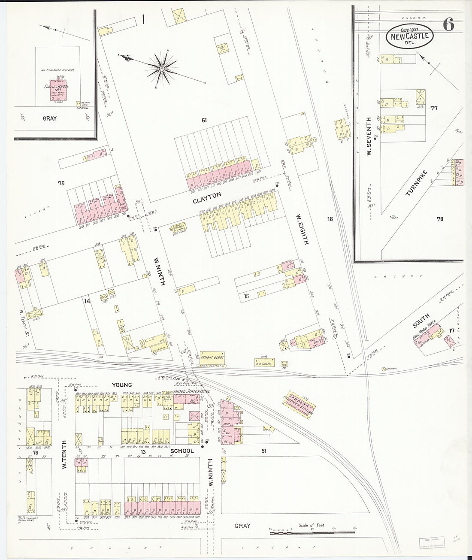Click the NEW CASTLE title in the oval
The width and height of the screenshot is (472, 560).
coord(409,36)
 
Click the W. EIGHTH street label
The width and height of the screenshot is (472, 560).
coord(301,229)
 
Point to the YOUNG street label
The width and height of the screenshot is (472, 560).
coord(122,385)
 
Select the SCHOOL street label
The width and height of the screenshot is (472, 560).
coord(183,451)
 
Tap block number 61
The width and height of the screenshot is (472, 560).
coord(205,121)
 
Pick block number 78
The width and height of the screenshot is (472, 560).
coord(440,219)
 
